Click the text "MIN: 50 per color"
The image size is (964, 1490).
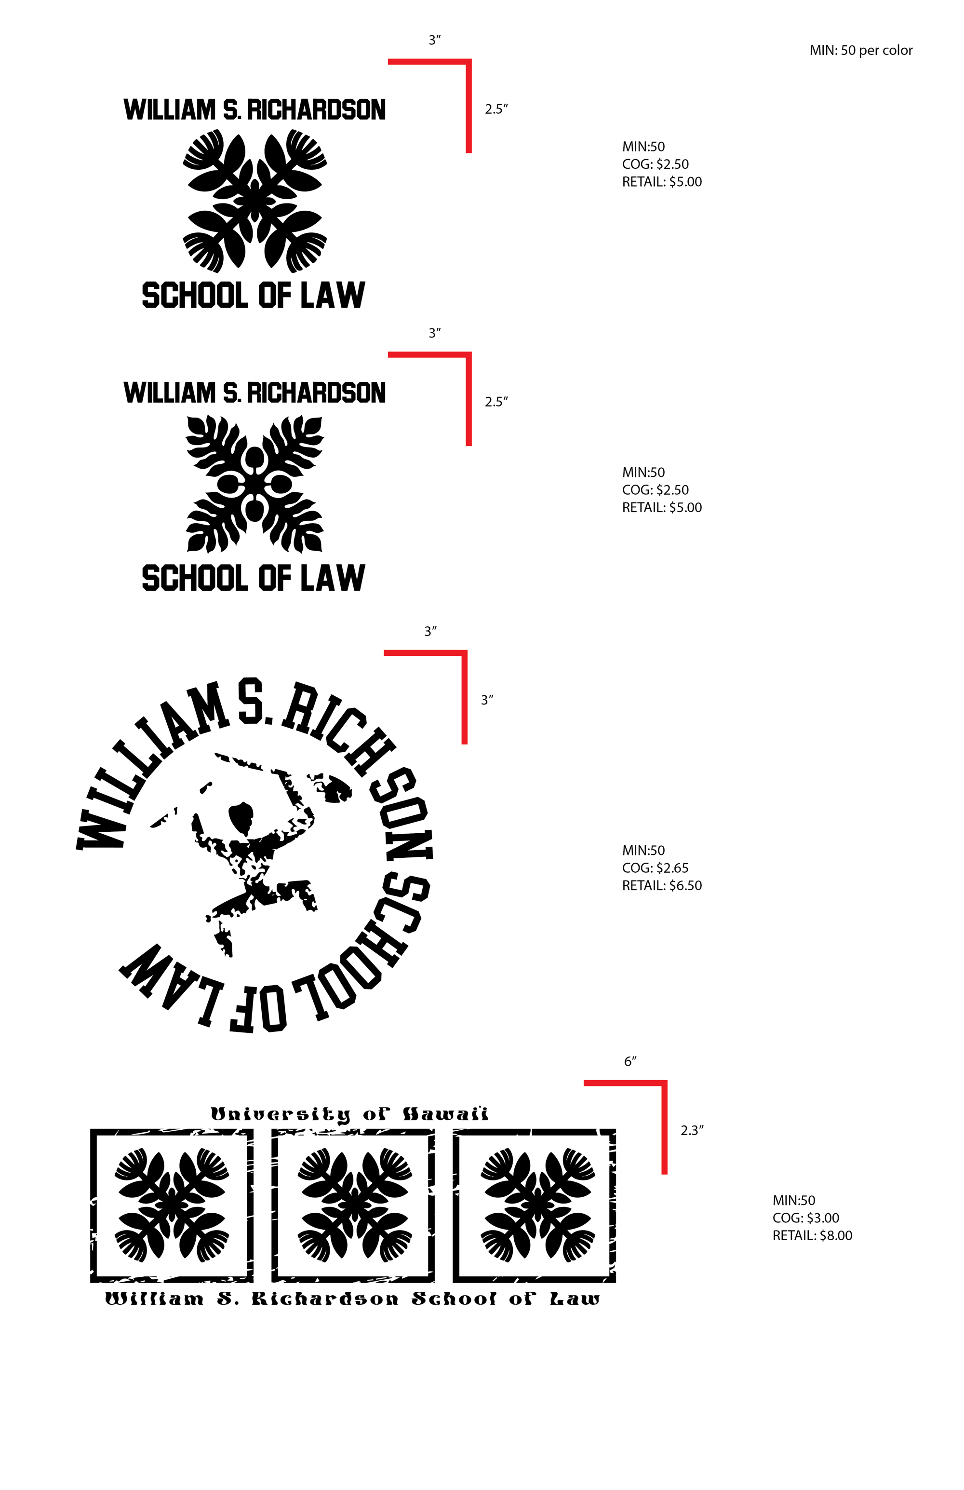tap(861, 51)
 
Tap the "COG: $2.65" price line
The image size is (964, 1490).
tap(655, 867)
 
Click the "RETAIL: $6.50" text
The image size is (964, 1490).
tap(662, 885)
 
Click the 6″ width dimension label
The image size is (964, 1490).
tap(629, 1061)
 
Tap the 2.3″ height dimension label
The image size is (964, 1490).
tap(692, 1130)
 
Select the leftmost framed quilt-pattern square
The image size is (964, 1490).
tap(172, 1205)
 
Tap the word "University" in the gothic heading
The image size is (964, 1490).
tap(281, 1115)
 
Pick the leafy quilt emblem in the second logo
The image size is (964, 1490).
tap(254, 485)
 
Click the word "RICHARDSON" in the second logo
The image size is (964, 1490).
tap(316, 393)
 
